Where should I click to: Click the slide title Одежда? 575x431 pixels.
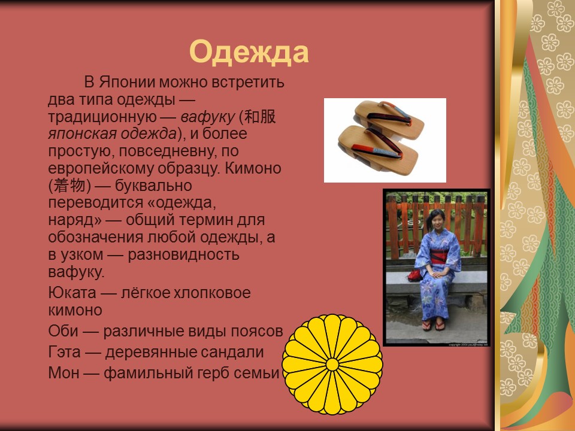[249, 52]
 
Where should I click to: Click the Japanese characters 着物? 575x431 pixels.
[69, 186]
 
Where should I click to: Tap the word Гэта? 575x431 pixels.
[63, 352]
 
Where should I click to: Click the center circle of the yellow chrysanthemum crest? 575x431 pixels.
[332, 364]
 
